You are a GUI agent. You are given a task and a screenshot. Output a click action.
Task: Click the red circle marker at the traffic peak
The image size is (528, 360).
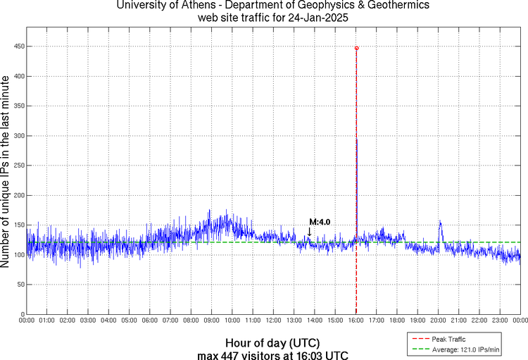click(356, 48)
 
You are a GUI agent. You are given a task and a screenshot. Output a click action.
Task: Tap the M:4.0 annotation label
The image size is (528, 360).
click(320, 222)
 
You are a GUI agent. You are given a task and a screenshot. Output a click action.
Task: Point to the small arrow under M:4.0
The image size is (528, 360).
click(309, 232)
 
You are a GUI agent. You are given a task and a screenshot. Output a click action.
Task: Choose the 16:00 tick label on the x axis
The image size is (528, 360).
click(356, 321)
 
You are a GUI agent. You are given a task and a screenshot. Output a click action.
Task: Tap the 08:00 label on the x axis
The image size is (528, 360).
click(191, 321)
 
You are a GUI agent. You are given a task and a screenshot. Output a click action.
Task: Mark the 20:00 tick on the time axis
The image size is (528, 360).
click(439, 321)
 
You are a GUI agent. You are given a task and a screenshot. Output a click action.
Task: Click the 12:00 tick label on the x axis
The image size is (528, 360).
click(274, 321)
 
